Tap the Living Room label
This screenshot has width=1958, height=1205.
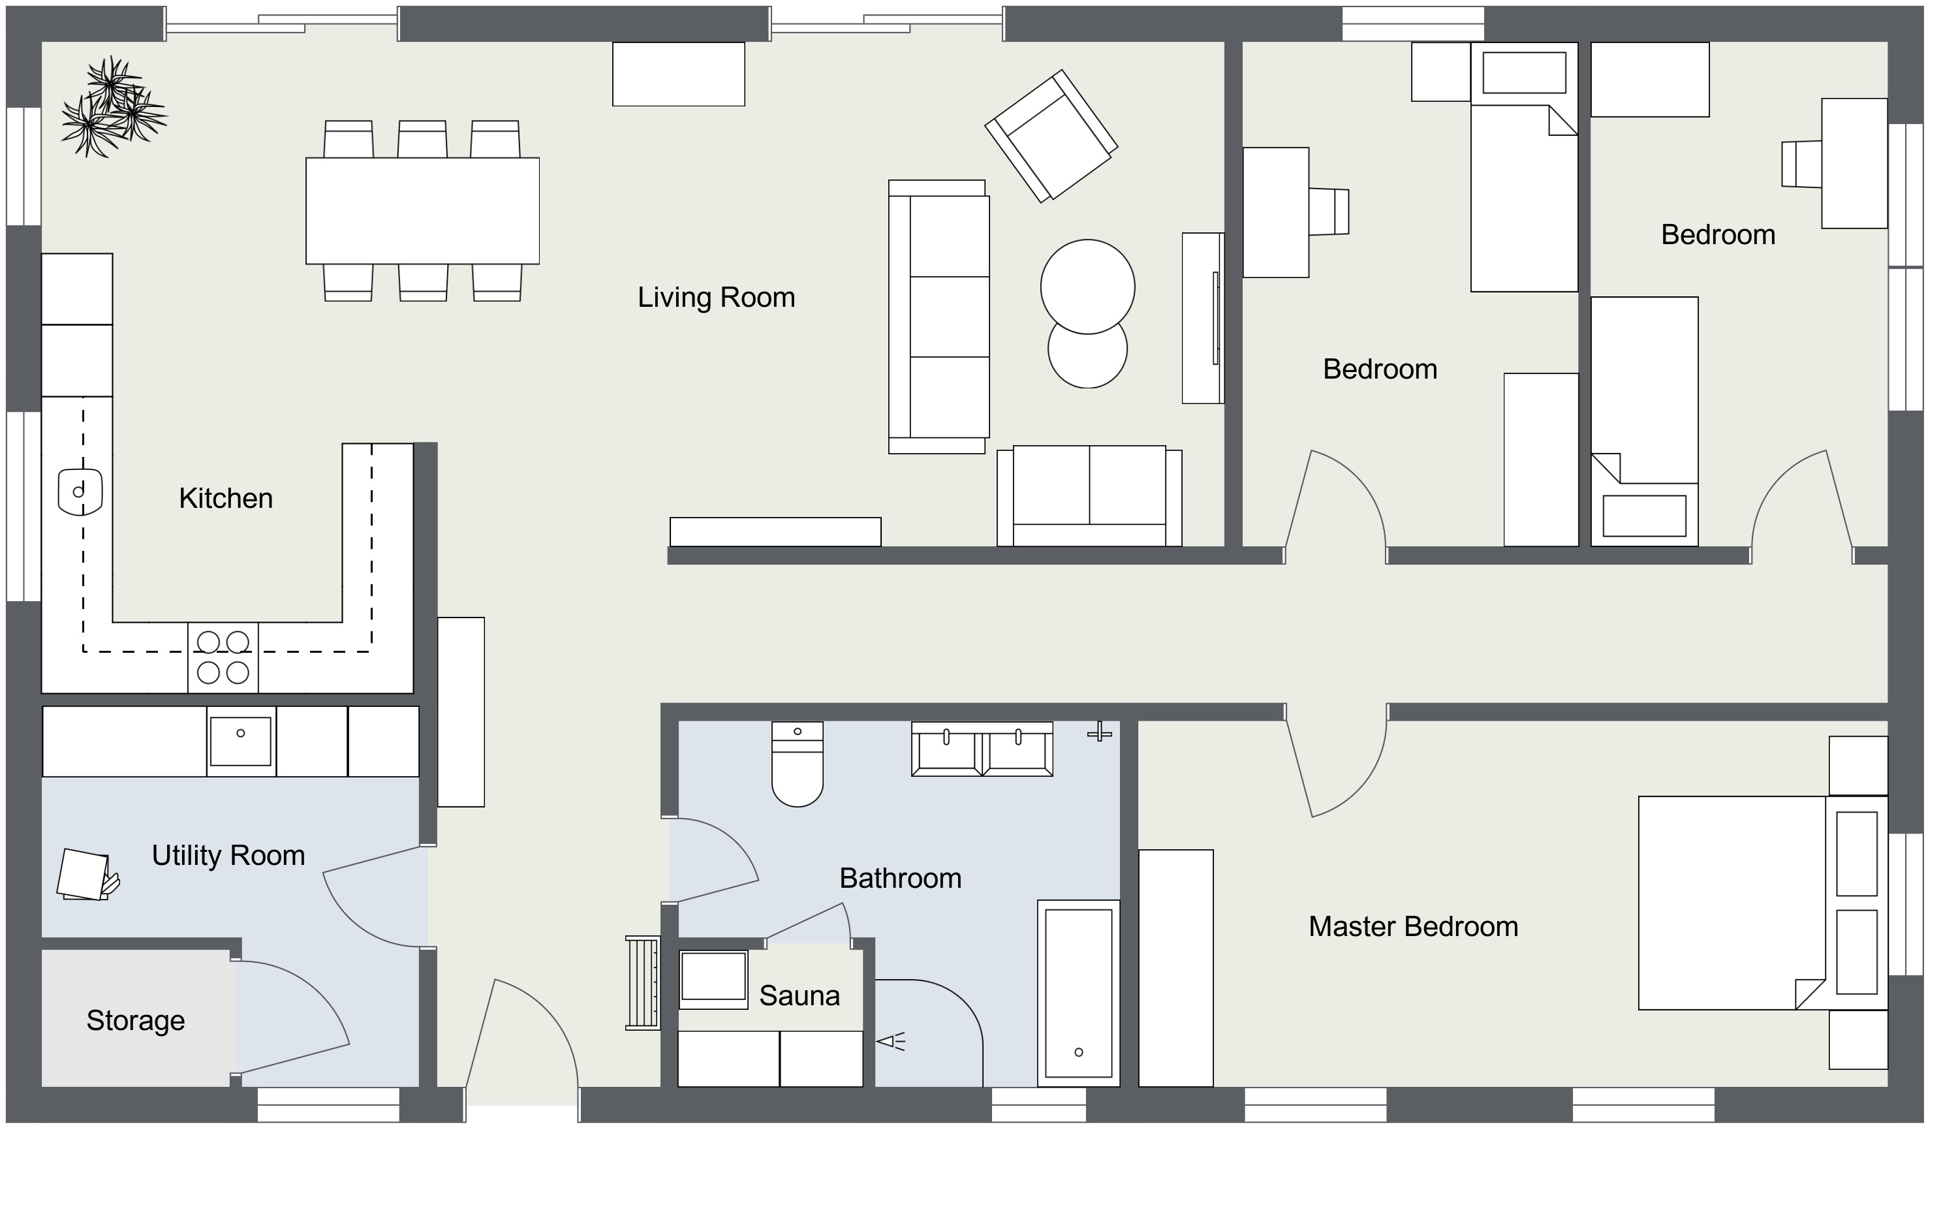[716, 297]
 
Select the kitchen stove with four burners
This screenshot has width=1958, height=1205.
[223, 657]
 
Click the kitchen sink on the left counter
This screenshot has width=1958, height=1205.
[80, 491]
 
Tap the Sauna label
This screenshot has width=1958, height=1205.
[799, 995]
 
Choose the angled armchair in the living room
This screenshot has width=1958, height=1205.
[1051, 136]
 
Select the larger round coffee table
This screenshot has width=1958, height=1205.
[1087, 287]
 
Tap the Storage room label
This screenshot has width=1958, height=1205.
[135, 1020]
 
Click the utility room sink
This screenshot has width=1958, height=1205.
[241, 741]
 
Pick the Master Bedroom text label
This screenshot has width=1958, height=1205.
[1413, 926]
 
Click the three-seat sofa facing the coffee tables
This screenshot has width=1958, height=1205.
[940, 317]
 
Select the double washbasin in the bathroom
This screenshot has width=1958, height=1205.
[982, 750]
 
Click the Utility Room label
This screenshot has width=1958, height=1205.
[228, 855]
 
